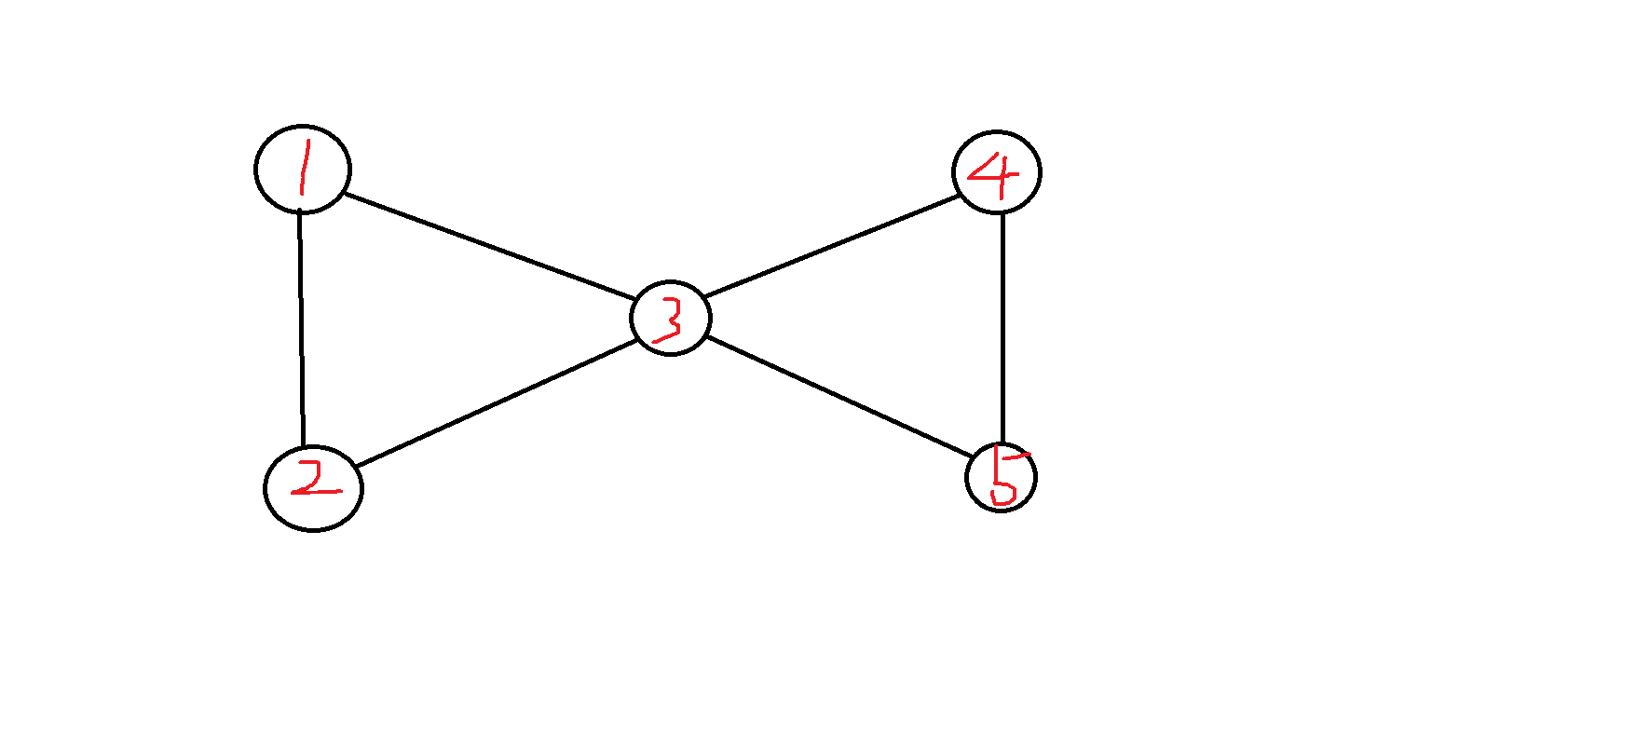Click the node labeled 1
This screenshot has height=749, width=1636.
[303, 169]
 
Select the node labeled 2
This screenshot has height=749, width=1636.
[314, 488]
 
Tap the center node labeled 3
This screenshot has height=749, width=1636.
[671, 318]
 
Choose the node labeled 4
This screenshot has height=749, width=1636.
[997, 172]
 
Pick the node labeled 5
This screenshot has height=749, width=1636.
[1001, 478]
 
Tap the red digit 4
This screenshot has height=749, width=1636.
[993, 173]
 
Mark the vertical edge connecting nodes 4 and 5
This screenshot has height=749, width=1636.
[1002, 326]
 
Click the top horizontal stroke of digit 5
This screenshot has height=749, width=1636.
[1016, 456]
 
